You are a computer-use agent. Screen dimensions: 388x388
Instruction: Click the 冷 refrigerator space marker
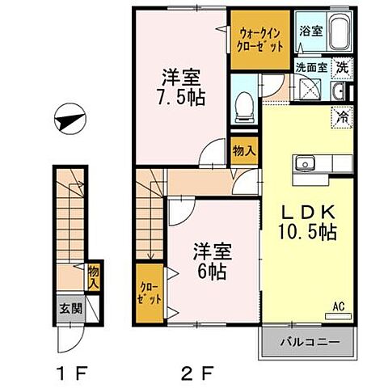click(x=343, y=115)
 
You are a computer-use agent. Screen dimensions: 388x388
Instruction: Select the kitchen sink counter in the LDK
click(x=320, y=164)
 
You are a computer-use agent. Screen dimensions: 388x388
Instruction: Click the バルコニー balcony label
click(x=309, y=342)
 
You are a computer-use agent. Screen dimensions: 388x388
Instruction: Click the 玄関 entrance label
click(x=68, y=309)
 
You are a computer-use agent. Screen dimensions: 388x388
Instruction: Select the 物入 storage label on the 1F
click(x=92, y=278)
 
